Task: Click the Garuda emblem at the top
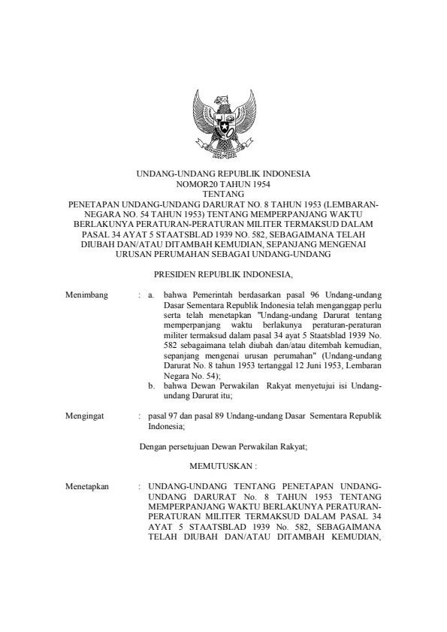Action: pos(222,120)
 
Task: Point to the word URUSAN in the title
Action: pos(137,254)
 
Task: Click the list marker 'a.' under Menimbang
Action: pos(152,299)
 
